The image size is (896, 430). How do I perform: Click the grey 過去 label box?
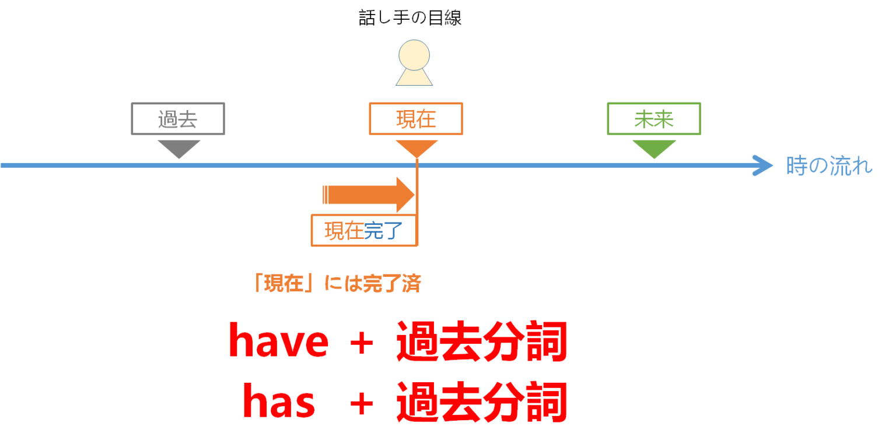pyautogui.click(x=177, y=119)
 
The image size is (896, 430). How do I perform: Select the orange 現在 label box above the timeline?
pyautogui.click(x=415, y=119)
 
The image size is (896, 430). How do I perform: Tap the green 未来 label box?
pyautogui.click(x=653, y=119)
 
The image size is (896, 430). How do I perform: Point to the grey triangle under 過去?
pyautogui.click(x=178, y=147)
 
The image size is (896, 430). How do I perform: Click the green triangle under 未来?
pyautogui.click(x=654, y=147)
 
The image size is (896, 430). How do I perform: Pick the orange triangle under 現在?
pyautogui.click(x=416, y=147)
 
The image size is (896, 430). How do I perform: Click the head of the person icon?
pyautogui.click(x=414, y=55)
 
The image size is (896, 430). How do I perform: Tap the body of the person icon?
pyautogui.click(x=414, y=77)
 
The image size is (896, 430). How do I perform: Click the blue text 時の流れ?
pyautogui.click(x=829, y=167)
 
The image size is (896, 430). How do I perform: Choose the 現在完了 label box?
pyautogui.click(x=363, y=231)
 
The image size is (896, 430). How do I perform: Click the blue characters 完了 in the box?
pyautogui.click(x=383, y=231)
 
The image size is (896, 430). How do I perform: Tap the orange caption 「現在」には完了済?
pyautogui.click(x=337, y=284)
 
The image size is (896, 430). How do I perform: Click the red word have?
pyautogui.click(x=278, y=341)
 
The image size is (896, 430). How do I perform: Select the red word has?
pyautogui.click(x=279, y=402)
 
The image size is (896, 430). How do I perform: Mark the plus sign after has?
pyautogui.click(x=362, y=404)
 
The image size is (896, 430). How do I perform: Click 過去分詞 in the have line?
pyautogui.click(x=481, y=341)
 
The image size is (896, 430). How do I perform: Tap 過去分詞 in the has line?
pyautogui.click(x=481, y=402)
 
